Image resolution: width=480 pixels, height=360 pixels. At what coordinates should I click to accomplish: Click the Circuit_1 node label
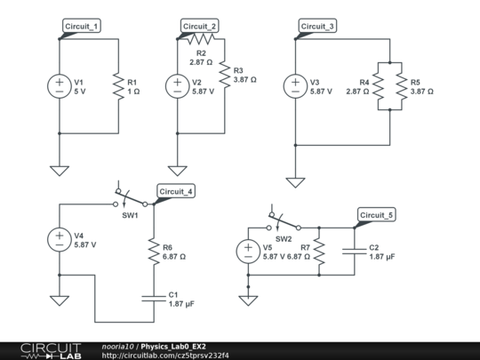click(82, 27)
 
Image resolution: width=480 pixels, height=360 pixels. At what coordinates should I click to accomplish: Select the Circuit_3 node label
click(318, 27)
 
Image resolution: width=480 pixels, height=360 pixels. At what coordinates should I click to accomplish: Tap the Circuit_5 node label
click(378, 215)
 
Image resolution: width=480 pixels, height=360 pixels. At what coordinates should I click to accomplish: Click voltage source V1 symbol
click(60, 86)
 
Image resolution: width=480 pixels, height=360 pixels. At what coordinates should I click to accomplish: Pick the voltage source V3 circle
click(296, 86)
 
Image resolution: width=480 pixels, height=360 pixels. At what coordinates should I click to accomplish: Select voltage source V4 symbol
click(60, 240)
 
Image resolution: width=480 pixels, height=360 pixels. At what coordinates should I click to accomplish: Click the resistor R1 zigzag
click(118, 86)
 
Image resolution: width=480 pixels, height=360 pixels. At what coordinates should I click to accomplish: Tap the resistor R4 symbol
click(377, 86)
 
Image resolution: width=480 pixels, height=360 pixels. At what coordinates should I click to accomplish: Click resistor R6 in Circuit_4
click(154, 251)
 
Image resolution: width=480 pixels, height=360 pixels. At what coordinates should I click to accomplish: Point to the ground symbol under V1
click(60, 170)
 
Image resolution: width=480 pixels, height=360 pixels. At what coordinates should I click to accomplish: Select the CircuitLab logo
click(51, 350)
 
